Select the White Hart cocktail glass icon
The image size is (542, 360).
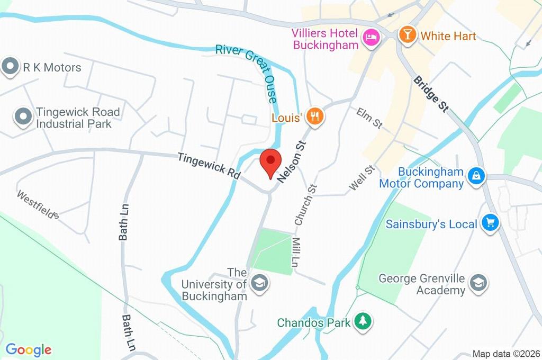407,35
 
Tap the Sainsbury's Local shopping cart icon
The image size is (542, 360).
491,223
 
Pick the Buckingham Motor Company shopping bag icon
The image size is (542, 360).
476,177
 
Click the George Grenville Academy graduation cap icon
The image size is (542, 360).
478,282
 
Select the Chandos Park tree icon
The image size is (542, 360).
363,321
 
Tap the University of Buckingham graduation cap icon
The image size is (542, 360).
259,282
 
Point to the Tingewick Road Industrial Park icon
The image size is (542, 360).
22,118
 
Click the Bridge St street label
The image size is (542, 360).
431,94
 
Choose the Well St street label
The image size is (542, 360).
362,178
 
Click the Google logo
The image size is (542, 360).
29,350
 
